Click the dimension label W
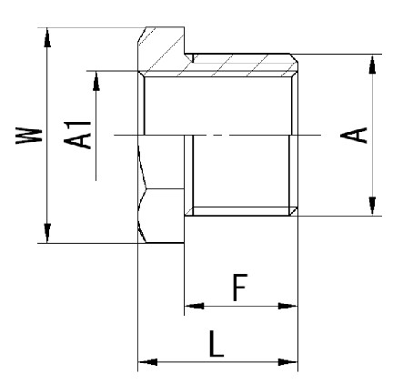(x=29, y=136)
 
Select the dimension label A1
(x=77, y=135)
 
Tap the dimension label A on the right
(x=354, y=135)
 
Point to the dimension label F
(x=240, y=287)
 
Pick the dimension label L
(x=216, y=343)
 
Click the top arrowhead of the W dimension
(x=47, y=37)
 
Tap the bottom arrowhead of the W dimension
(x=47, y=233)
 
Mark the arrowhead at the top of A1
(x=96, y=81)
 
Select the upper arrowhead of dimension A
(x=372, y=64)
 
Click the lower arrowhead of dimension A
(x=372, y=207)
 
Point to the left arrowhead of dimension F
(x=194, y=306)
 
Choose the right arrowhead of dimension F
(x=287, y=306)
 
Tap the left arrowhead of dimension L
(x=147, y=362)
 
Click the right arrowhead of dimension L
(x=287, y=362)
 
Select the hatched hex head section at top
(x=161, y=50)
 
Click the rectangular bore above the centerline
(x=217, y=106)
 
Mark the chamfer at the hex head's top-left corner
(x=143, y=35)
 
